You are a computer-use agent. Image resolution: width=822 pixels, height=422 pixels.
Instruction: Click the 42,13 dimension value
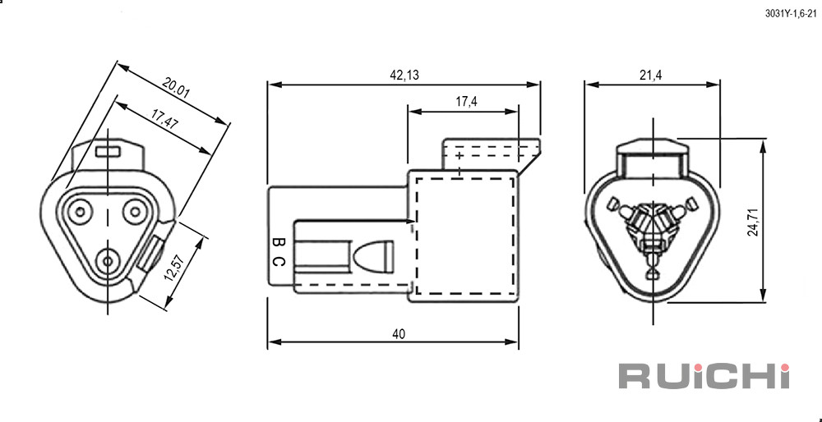tap(404, 76)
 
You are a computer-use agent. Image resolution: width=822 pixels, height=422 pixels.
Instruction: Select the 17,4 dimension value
tap(466, 102)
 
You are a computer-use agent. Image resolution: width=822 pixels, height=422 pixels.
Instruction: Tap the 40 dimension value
tap(399, 334)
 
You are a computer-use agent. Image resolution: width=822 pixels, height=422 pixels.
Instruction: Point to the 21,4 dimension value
tap(650, 76)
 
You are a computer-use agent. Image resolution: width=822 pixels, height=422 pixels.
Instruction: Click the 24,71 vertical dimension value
tap(753, 221)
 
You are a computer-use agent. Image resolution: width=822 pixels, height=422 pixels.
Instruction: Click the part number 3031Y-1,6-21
tap(791, 14)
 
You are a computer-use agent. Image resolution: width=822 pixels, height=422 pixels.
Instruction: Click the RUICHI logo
tap(704, 375)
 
